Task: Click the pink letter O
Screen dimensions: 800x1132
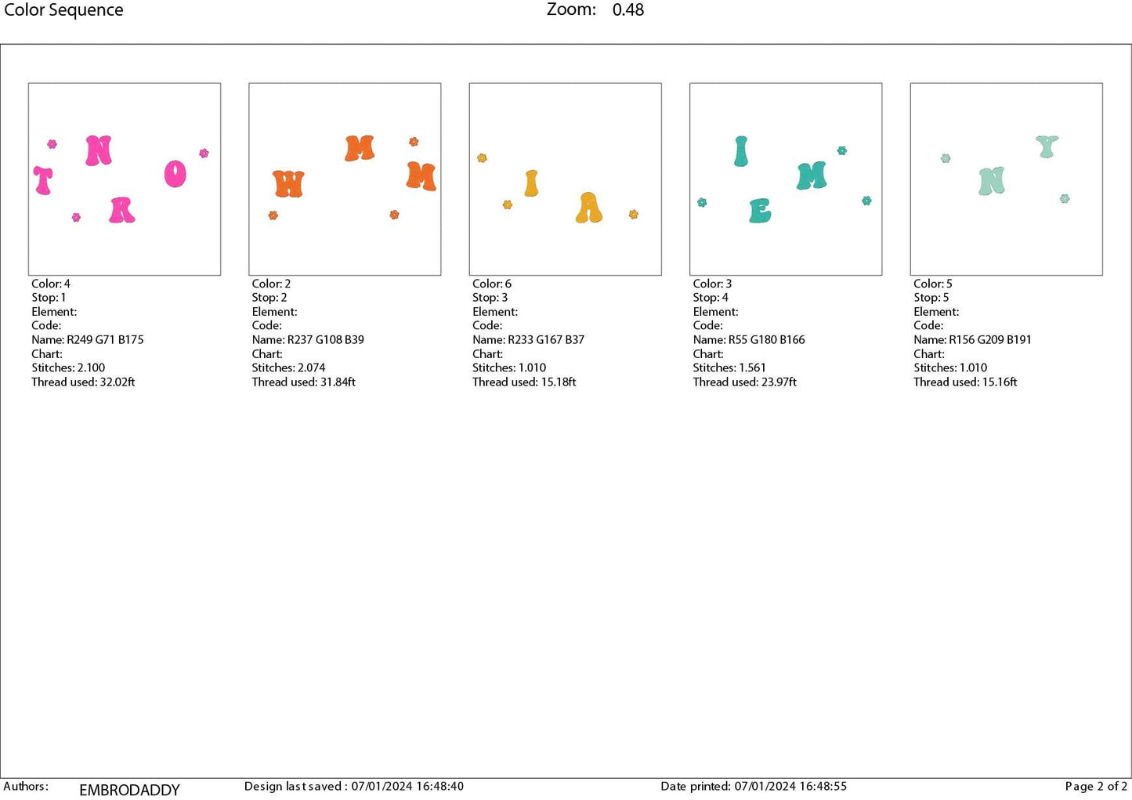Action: (175, 174)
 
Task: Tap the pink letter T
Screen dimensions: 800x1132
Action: (43, 180)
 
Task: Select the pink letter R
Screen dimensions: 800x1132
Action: (121, 210)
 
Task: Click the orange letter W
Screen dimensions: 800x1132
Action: (288, 184)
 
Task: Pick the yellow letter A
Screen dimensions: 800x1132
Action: (589, 208)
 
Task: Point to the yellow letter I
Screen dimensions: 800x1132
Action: (531, 183)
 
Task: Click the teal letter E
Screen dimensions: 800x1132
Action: (760, 211)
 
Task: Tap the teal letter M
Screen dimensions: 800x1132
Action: (812, 176)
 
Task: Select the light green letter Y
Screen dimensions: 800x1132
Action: (1047, 147)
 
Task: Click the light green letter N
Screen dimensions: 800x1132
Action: (992, 181)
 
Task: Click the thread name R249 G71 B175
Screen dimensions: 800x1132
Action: (105, 340)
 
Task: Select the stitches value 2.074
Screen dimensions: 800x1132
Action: (310, 367)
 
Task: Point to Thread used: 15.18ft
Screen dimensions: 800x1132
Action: (524, 382)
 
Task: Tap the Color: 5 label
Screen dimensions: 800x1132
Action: (932, 284)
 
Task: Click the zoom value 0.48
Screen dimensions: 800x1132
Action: (628, 10)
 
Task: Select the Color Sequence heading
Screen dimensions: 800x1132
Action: (63, 10)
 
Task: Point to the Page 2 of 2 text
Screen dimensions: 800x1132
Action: (1095, 787)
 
